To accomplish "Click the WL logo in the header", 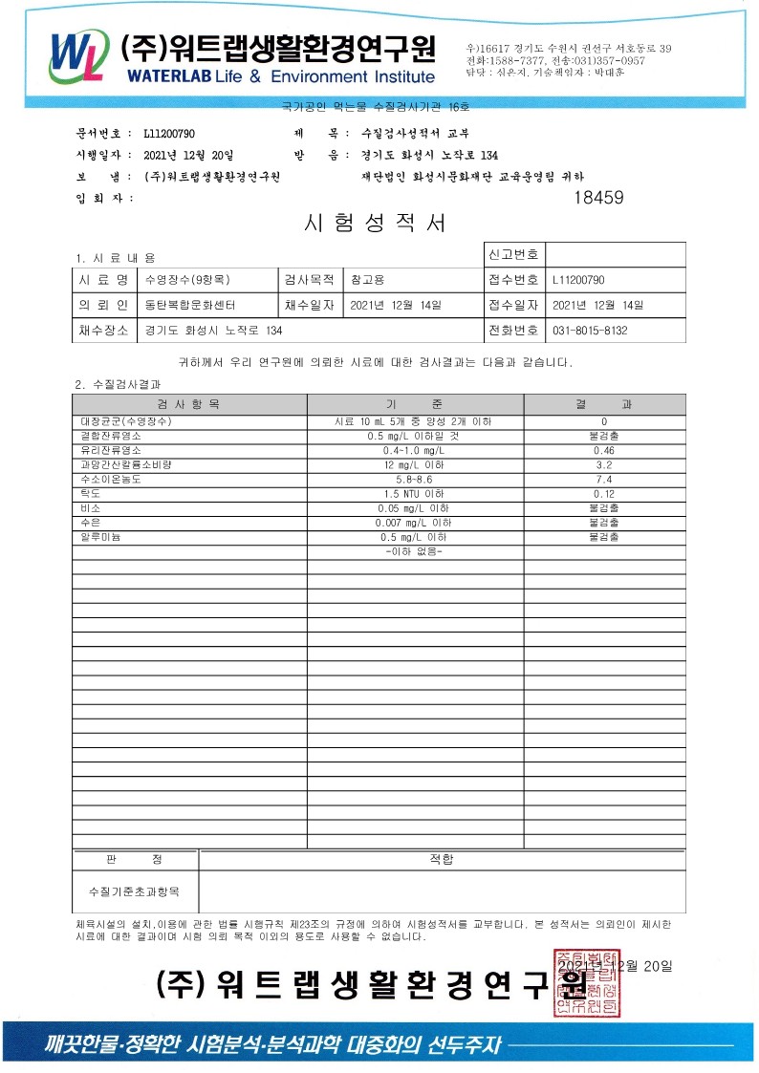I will (x=76, y=56).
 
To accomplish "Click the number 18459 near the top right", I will (x=598, y=198).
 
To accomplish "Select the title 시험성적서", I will (x=374, y=224).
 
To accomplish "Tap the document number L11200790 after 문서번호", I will (x=170, y=133).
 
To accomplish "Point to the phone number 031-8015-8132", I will (x=590, y=330).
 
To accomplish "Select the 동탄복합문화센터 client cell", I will (x=189, y=305).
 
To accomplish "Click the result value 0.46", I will (x=603, y=450).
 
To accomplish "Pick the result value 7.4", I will (x=603, y=479).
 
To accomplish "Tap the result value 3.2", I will (x=603, y=464).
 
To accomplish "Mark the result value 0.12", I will (x=603, y=494).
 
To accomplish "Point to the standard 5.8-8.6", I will (x=414, y=479).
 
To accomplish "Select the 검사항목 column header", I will (x=188, y=404).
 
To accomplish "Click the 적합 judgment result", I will (x=441, y=859).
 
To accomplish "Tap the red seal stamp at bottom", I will (x=584, y=980).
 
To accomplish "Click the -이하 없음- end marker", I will (x=414, y=551).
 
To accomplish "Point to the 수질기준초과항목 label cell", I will (x=134, y=891).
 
